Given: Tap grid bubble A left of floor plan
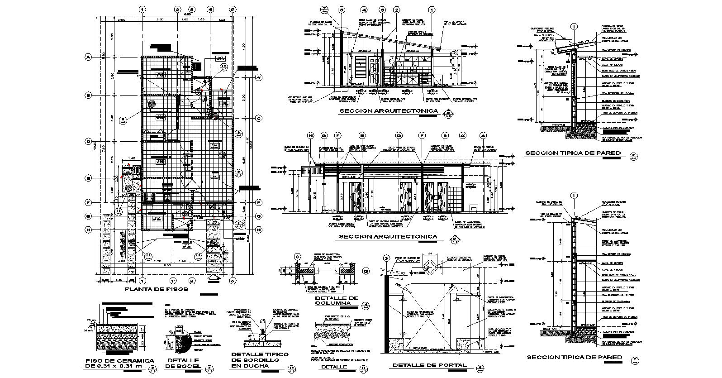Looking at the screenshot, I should (88, 57).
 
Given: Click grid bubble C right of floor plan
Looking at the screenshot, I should (259, 119).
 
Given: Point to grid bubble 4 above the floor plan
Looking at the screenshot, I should (210, 9).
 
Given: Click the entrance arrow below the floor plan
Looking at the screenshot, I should (212, 271).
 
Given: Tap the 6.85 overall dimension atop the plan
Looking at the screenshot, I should (187, 15).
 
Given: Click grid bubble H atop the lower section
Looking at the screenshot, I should (310, 135).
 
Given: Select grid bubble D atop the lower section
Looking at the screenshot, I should (399, 135).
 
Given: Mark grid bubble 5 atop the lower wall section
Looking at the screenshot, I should (574, 196).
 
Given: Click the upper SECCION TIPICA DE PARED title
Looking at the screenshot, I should (572, 153).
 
